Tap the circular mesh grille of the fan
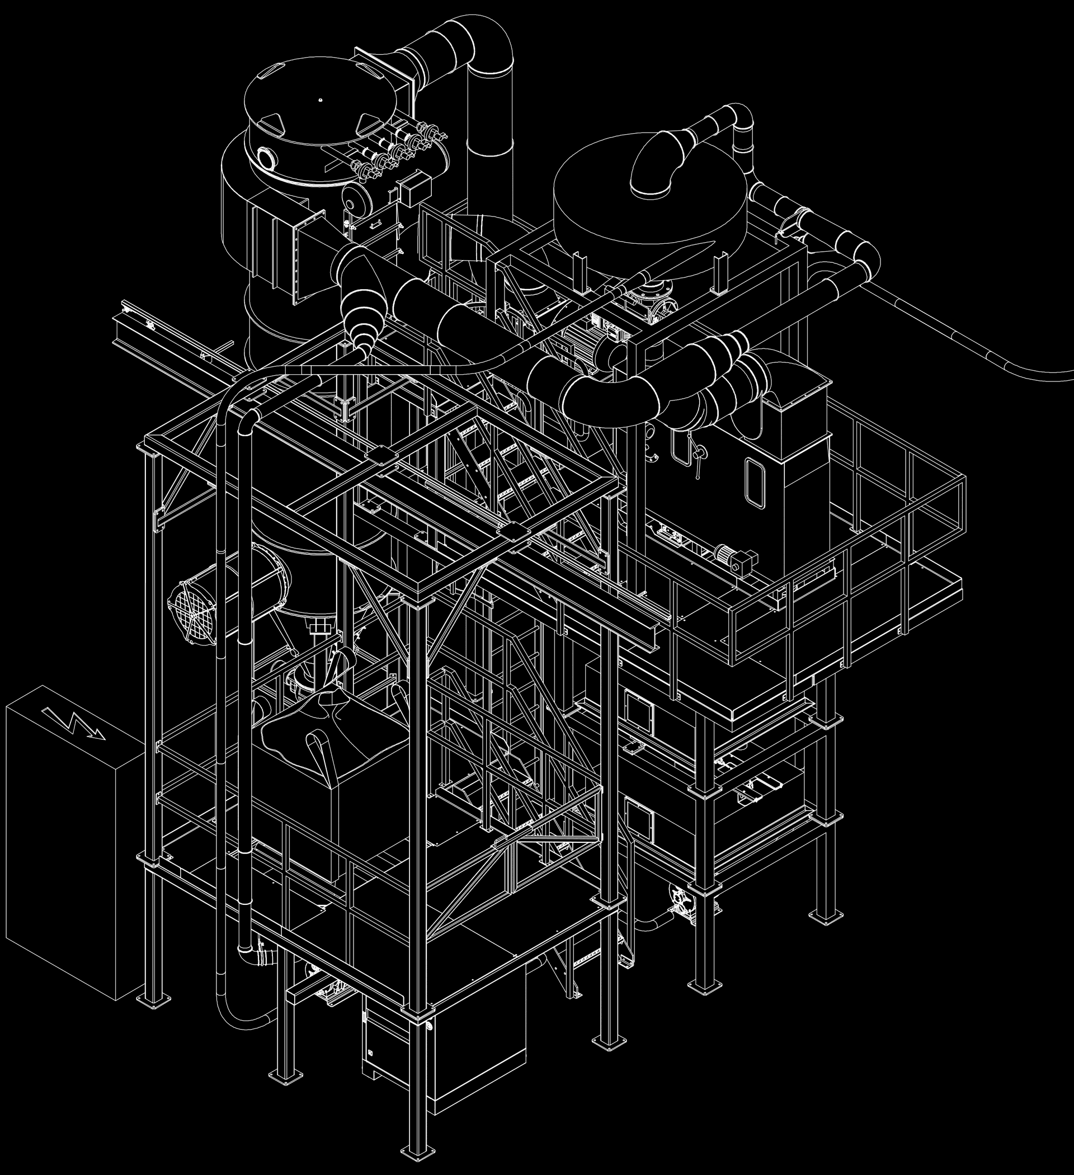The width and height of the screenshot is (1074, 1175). pyautogui.click(x=192, y=606)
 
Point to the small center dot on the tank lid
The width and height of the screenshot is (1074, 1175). pyautogui.click(x=320, y=100)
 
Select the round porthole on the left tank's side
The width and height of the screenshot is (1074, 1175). pyautogui.click(x=267, y=157)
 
